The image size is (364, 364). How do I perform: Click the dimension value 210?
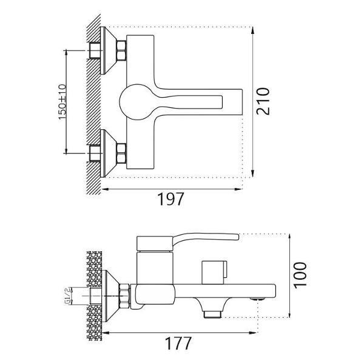(x=263, y=101)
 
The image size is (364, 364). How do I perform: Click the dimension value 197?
(x=170, y=199)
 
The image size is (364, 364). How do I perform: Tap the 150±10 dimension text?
(x=62, y=102)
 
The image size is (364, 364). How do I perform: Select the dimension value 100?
(x=300, y=275)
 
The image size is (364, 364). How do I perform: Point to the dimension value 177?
(x=178, y=343)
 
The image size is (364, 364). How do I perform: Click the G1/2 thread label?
(x=67, y=296)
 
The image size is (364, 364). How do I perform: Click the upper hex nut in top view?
(x=122, y=50)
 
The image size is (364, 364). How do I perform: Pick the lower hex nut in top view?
(x=122, y=153)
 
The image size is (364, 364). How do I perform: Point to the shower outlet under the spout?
(x=212, y=315)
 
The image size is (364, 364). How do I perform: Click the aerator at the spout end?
(x=258, y=299)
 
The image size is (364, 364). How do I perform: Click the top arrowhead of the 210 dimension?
(x=252, y=30)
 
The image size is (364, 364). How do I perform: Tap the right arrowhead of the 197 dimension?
(x=238, y=189)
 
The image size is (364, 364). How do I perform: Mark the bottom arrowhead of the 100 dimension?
(x=289, y=314)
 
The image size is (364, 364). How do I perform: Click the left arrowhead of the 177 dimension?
(x=106, y=332)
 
